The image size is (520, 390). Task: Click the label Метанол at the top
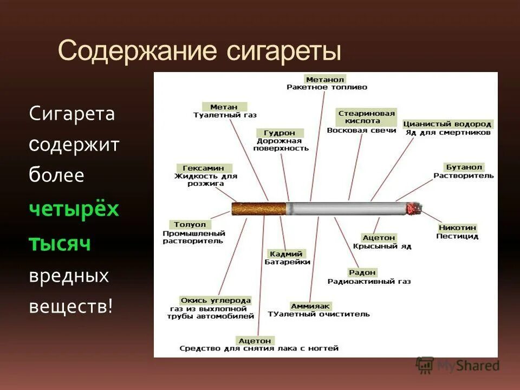(325, 80)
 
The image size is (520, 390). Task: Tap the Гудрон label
(279, 133)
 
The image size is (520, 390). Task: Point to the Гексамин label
(204, 168)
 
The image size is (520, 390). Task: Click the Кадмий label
(287, 253)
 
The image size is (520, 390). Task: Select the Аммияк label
(310, 306)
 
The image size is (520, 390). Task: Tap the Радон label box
(362, 272)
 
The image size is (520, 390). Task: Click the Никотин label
(458, 228)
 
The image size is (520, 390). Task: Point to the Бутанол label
(464, 167)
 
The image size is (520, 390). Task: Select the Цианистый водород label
(447, 124)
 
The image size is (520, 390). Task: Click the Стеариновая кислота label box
(367, 117)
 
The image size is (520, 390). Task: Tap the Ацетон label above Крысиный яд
(379, 238)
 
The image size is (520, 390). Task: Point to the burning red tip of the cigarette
(414, 209)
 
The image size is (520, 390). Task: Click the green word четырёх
(74, 209)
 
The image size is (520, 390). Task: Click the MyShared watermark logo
(458, 365)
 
